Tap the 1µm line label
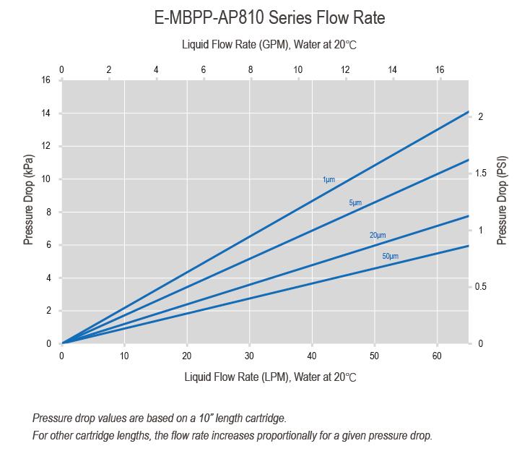pos(329,179)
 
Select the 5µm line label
pos(355,203)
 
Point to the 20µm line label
pos(378,236)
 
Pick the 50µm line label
pos(391,257)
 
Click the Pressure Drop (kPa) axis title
pos(29,199)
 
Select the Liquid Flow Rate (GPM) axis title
pos(269,45)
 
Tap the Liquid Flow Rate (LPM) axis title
pos(270,377)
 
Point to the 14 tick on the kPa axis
pos(45,113)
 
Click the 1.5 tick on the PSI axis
pos(480,173)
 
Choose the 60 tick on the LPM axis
pos(437,356)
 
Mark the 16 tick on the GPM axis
pos(440,70)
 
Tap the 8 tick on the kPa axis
pos(48,213)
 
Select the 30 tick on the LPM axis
pos(249,356)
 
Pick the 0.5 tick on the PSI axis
pos(480,287)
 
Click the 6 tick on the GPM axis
pos(203,70)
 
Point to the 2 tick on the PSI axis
pos(480,117)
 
